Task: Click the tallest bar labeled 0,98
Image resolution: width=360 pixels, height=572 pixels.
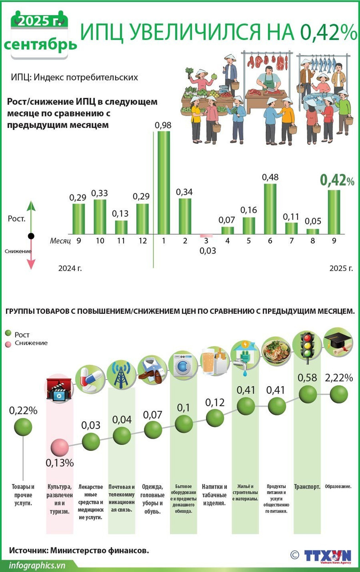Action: pos(164,182)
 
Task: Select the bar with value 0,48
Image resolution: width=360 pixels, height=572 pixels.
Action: pos(270,209)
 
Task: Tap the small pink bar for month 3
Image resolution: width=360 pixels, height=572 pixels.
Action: pos(206,236)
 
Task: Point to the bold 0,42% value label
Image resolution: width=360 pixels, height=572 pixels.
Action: pos(337,180)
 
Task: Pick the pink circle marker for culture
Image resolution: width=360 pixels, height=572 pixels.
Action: pos(59,448)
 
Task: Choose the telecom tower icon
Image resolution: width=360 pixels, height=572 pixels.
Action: pos(122,374)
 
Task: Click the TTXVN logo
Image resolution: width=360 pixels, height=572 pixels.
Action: pos(328,557)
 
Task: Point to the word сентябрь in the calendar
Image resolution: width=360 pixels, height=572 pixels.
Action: pos(41,44)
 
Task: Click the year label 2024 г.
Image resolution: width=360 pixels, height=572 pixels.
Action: pos(70,268)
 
